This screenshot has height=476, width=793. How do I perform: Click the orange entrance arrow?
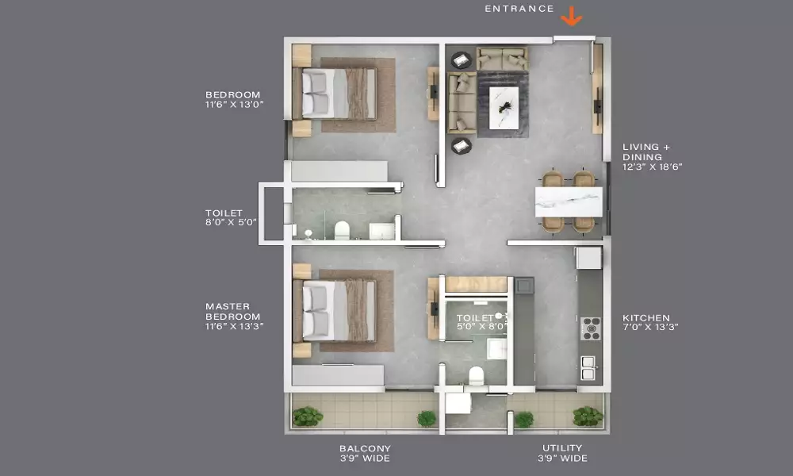572,16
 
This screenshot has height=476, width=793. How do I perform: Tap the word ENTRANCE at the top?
519,9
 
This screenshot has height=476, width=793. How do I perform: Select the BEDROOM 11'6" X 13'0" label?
234,99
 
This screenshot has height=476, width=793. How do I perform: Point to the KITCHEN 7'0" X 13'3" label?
650,322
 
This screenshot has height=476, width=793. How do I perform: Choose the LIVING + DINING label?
652,157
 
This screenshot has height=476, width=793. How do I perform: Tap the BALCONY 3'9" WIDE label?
365,453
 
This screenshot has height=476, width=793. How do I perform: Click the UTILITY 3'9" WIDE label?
562,453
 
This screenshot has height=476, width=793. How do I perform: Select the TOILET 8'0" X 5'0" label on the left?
231,217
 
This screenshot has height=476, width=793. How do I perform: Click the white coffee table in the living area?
504,108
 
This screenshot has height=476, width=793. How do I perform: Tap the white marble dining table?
569,202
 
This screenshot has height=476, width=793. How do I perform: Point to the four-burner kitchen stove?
590,328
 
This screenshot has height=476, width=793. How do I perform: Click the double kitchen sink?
588,368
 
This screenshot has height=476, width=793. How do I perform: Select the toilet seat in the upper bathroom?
343,230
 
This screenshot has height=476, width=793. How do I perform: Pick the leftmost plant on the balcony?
308,416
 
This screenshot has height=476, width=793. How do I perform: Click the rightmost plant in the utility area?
588,416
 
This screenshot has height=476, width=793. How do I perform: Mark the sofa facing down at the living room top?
502,59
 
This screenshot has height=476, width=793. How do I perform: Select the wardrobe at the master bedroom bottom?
338,374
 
